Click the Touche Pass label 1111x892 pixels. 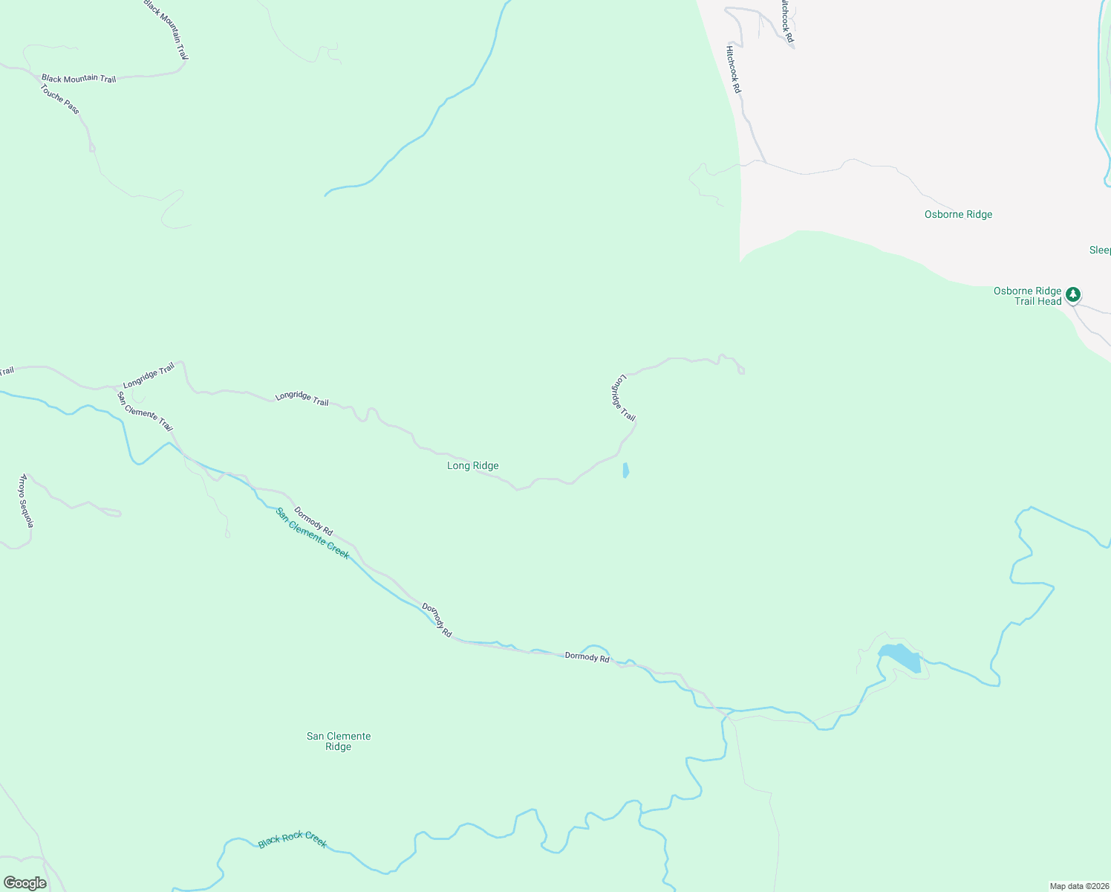[59, 99]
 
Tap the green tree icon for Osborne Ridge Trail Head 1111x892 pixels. [1072, 295]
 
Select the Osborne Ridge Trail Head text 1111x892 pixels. [1028, 296]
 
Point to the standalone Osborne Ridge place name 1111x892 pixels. [958, 214]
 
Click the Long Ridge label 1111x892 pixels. [472, 465]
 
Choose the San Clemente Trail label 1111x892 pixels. [146, 411]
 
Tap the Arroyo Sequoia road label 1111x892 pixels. [27, 500]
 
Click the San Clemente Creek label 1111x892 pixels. [312, 533]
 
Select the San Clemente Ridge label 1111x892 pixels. [339, 741]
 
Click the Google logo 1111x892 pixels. [25, 883]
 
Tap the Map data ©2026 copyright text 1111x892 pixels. [1078, 886]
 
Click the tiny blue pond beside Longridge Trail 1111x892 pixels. [625, 471]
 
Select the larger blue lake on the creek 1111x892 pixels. [902, 658]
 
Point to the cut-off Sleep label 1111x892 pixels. [1099, 250]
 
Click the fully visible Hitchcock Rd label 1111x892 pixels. [733, 69]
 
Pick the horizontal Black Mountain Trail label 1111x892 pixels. [79, 78]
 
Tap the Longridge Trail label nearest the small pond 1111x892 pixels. [623, 398]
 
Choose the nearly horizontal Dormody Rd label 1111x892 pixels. [587, 656]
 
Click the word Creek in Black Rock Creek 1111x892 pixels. [314, 841]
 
